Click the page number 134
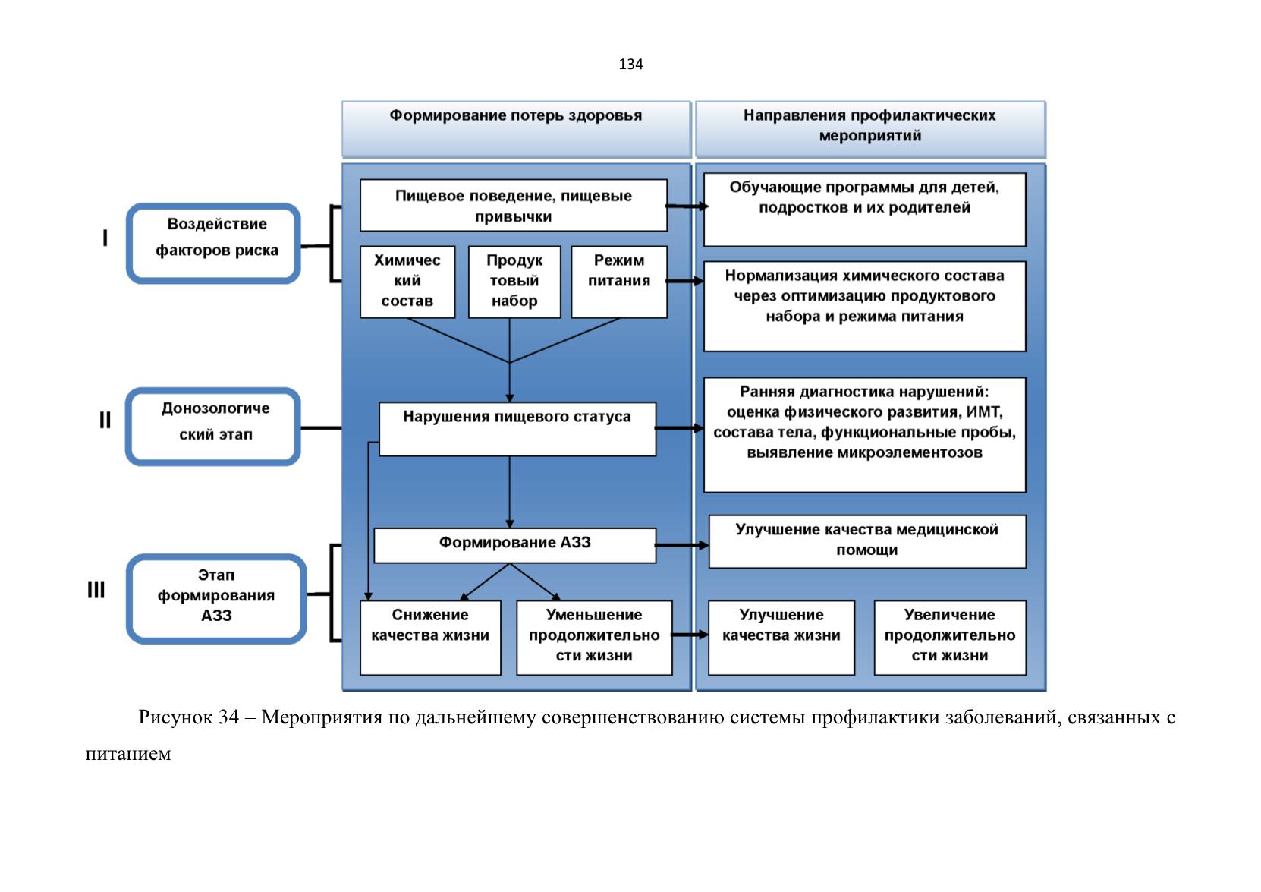click(630, 65)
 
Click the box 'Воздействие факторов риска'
click(213, 243)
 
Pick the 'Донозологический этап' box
click(212, 427)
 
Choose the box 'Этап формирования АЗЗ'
click(217, 599)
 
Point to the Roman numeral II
click(105, 420)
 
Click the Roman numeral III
click(96, 590)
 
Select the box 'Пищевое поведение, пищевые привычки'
click(514, 206)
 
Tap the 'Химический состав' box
click(407, 282)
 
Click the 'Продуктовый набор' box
click(514, 282)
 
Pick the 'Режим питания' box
click(618, 282)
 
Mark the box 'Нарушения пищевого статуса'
click(517, 429)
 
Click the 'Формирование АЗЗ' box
click(515, 545)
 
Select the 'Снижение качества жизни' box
click(430, 638)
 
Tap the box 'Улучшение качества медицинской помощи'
click(867, 541)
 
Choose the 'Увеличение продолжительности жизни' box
click(950, 638)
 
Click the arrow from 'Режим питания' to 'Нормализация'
click(685, 280)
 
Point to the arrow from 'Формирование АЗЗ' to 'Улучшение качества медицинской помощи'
click(682, 545)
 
